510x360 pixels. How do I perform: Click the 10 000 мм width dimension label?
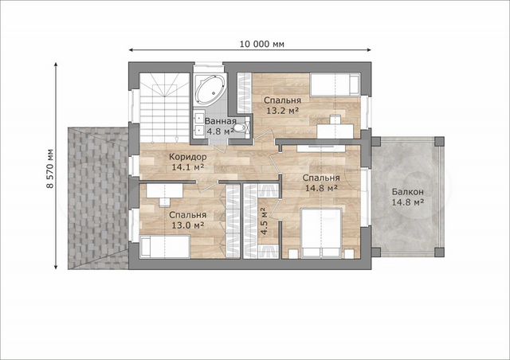coord(262,44)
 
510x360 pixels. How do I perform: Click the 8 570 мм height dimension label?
coord(50,169)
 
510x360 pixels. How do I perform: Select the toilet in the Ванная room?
coord(241,127)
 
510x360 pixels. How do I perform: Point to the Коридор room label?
coord(188,157)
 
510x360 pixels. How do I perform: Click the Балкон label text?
coord(407,192)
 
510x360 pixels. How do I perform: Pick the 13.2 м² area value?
coord(283,111)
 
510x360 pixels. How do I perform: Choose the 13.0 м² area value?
coord(188,225)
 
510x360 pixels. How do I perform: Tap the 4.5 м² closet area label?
coord(264,221)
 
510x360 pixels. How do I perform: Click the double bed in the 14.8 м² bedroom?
coord(322,233)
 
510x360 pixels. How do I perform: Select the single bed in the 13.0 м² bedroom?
coord(165,247)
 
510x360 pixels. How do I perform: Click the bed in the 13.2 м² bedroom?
coord(335,84)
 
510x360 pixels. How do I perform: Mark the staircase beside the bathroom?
coord(165,108)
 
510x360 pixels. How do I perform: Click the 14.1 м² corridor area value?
coord(188,167)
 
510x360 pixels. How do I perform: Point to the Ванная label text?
coord(220,121)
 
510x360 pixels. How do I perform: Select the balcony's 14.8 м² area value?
coord(407,202)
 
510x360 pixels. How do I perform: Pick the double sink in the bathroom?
coord(198,123)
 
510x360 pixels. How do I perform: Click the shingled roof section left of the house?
coord(98,198)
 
